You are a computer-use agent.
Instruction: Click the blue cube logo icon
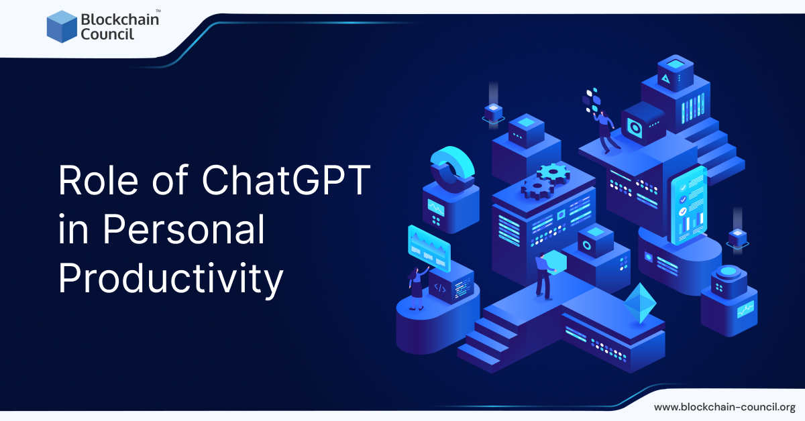tap(62, 27)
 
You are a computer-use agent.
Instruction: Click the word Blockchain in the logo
tap(119, 19)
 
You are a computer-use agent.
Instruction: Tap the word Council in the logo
tap(107, 34)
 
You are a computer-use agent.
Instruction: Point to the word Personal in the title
tap(184, 229)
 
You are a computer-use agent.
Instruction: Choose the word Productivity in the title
tap(170, 280)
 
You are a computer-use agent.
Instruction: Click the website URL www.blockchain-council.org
tap(724, 407)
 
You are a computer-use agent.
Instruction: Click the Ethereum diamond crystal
tap(640, 303)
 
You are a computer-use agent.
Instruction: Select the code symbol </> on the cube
tap(440, 288)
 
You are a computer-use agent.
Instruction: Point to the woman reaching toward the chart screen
tap(417, 288)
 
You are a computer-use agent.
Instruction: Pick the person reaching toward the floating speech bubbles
tap(607, 131)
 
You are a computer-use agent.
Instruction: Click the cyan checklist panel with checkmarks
tap(688, 205)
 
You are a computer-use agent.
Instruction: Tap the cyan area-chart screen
tap(429, 248)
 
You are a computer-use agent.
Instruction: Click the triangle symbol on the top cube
tap(665, 78)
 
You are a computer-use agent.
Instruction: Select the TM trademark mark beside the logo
tap(158, 11)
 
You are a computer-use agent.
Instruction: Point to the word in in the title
tap(73, 229)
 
